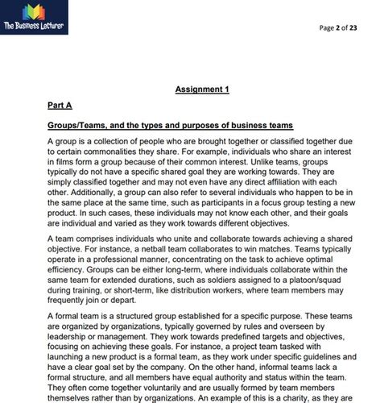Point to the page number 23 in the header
coord(359,28)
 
